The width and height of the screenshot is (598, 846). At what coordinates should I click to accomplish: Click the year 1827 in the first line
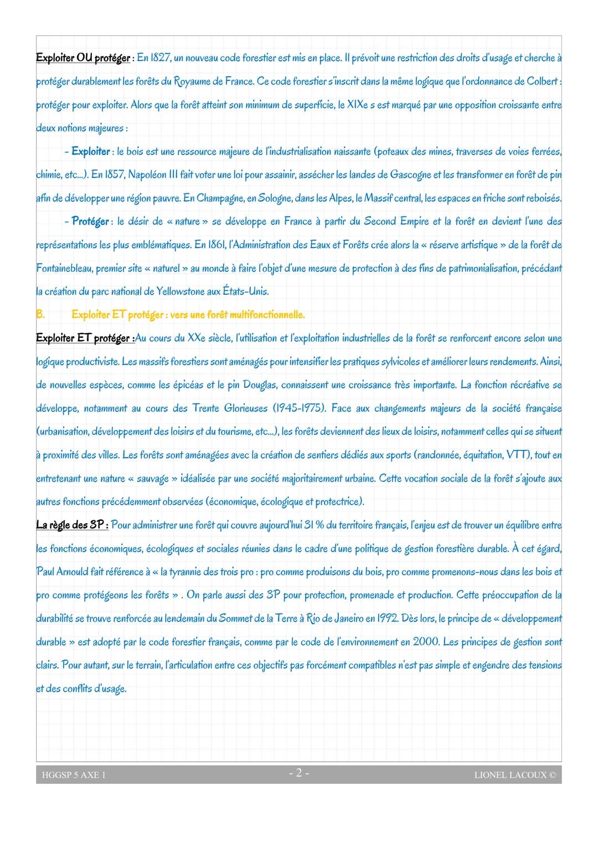point(161,58)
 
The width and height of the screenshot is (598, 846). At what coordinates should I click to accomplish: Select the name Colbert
point(543,81)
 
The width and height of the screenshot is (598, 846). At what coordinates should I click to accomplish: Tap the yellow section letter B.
point(40,315)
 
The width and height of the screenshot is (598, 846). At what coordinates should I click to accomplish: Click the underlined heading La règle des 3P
point(71,525)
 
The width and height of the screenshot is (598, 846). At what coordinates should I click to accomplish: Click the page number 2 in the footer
point(298,773)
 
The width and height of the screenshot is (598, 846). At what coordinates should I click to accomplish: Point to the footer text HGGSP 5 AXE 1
point(74,775)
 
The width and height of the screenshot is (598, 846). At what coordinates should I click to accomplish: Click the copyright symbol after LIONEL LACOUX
point(552,775)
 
